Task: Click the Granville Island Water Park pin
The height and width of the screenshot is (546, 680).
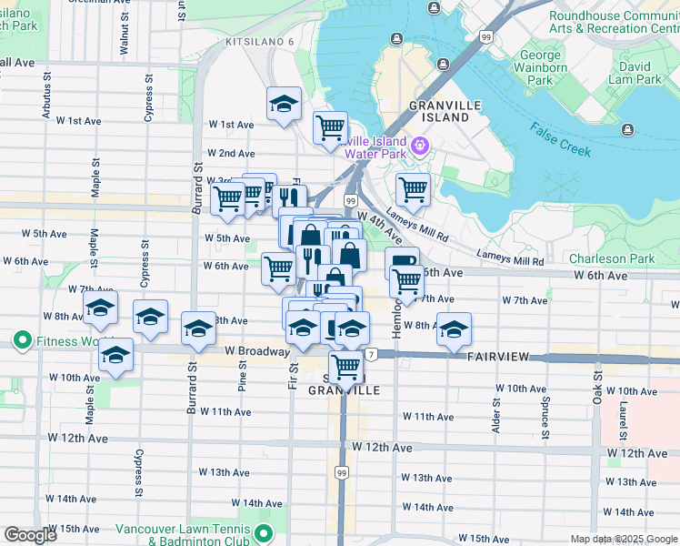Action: coord(419,146)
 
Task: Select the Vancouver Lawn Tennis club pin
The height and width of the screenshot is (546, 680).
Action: coord(264,532)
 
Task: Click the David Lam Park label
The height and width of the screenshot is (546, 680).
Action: coord(635,73)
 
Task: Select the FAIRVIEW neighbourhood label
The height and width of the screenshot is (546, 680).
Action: coord(497,359)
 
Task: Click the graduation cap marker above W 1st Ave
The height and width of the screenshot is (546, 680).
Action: coord(284,105)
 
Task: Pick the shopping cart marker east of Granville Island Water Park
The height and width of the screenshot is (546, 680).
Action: coord(413,189)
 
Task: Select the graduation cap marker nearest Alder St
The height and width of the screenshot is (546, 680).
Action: coord(453,329)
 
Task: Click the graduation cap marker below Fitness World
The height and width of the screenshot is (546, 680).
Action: coord(115,355)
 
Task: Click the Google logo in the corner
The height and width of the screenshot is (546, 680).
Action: coord(31,535)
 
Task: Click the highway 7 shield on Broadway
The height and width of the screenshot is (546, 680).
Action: coord(372,353)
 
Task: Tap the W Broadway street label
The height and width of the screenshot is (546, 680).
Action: coord(256,350)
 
